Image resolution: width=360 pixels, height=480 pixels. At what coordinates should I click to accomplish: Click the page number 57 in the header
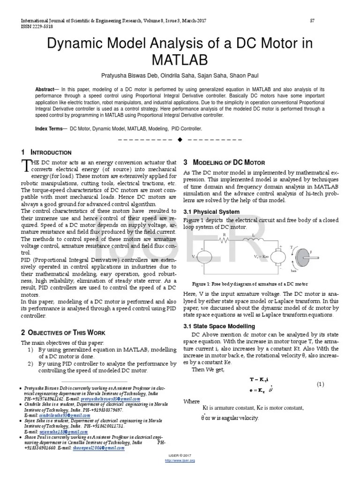point(313,21)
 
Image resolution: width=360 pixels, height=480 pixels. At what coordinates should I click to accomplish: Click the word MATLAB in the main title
point(180,60)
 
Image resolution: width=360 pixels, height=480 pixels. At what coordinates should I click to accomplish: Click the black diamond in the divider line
point(180,140)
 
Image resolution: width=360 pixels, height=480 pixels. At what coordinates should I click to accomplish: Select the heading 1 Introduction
point(46,152)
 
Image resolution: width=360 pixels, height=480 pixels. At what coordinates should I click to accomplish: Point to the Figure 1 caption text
point(250,284)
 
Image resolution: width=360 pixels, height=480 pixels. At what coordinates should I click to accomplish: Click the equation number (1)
point(320,384)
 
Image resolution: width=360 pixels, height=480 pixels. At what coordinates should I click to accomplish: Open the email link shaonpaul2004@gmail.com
point(99,448)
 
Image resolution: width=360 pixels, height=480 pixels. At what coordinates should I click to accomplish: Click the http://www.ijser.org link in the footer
point(180,460)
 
